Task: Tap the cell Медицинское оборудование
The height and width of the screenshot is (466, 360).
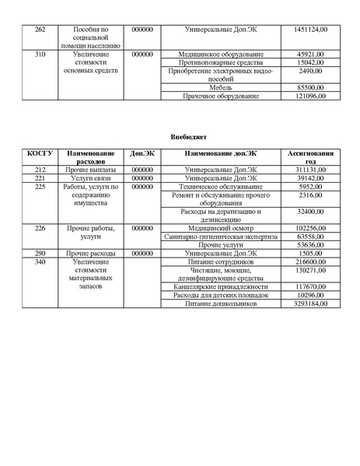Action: click(x=221, y=54)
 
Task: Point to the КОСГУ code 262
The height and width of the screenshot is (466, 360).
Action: click(x=40, y=29)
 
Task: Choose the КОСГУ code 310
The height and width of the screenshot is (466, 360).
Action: click(x=40, y=54)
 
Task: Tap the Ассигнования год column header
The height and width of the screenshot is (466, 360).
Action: click(x=310, y=159)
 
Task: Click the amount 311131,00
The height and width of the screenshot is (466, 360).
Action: click(x=312, y=169)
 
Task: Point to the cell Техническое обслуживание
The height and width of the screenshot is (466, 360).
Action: click(x=221, y=187)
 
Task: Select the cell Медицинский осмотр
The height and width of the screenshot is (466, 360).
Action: click(x=221, y=228)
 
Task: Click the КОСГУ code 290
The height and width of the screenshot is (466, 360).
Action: click(x=40, y=254)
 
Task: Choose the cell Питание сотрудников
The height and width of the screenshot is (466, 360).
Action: click(x=221, y=263)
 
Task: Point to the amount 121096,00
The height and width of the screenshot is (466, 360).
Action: click(x=312, y=96)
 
